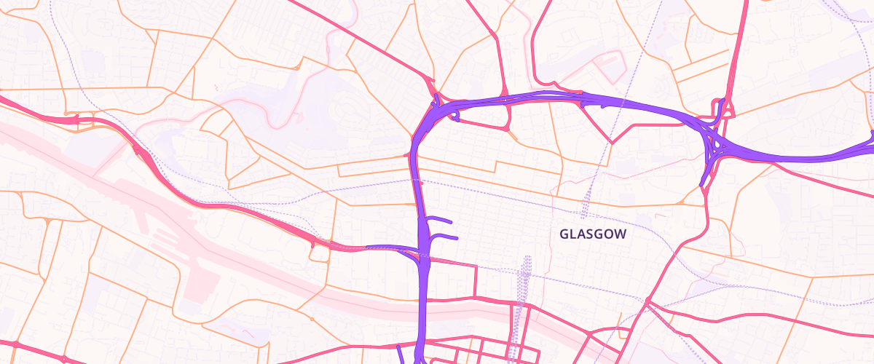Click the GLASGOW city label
pos(593,234)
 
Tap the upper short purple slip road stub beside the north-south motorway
pos(441,220)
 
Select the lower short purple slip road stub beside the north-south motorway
pos(445,237)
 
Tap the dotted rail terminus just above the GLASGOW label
pos(584,214)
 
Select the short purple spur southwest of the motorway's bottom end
pos(400,354)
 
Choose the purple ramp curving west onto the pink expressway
pos(386,248)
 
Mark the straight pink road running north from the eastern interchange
pos(737,51)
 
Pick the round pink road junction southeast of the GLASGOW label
pos(647,301)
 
